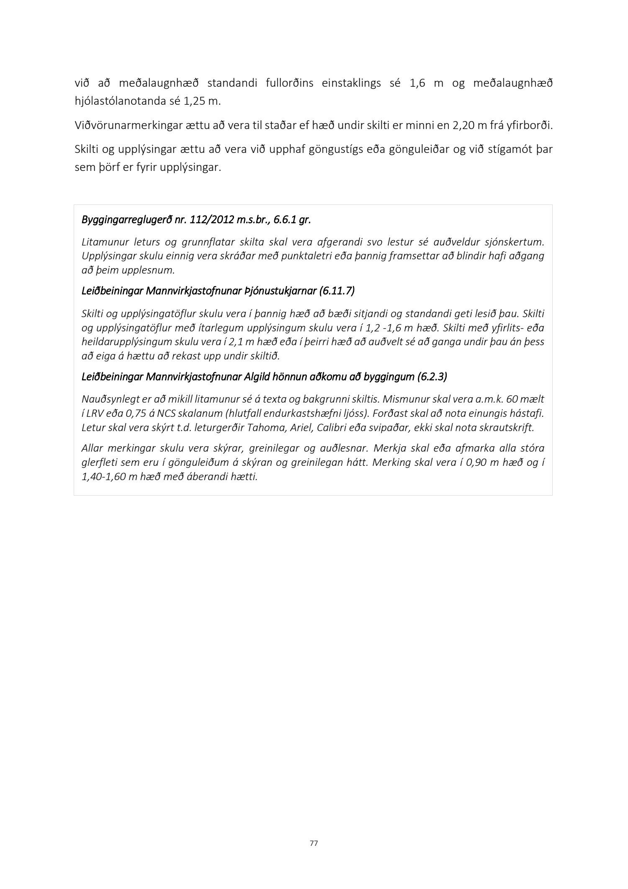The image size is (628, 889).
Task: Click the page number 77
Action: (x=314, y=843)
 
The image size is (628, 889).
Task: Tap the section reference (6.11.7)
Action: (x=337, y=291)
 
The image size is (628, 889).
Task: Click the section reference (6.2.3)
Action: (x=432, y=377)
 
